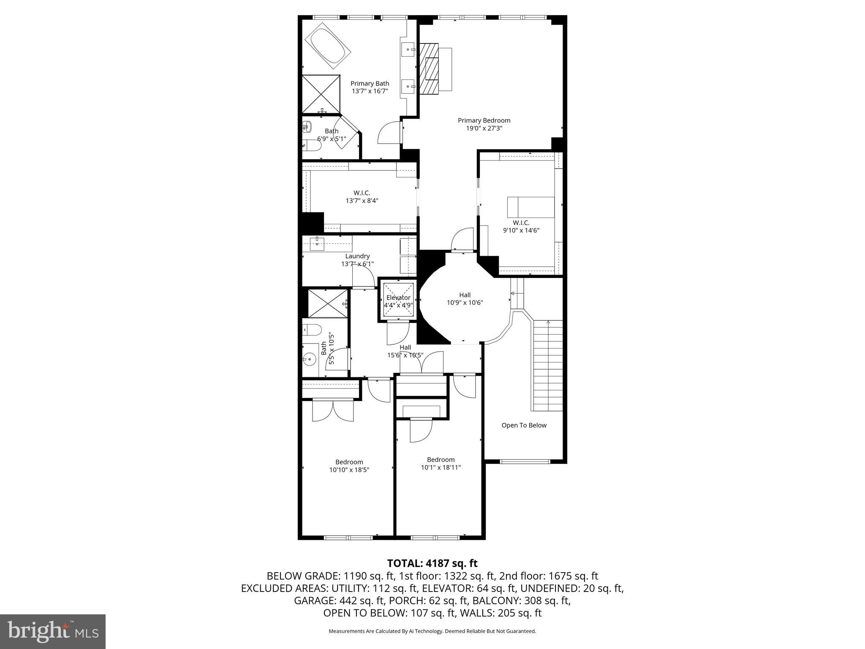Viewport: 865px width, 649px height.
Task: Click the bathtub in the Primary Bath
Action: point(327,46)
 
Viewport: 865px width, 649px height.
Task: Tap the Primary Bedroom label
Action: point(484,120)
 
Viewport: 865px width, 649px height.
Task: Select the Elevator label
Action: point(398,298)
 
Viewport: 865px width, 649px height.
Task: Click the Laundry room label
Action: point(357,256)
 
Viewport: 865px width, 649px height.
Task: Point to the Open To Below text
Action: point(524,425)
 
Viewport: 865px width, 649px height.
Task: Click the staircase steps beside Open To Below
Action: point(548,365)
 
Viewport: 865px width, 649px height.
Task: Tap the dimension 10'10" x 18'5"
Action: point(349,469)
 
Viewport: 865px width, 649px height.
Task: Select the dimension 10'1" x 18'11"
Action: point(441,467)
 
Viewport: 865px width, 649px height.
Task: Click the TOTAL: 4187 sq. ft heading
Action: point(432,563)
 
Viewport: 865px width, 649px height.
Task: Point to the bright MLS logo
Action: point(53,631)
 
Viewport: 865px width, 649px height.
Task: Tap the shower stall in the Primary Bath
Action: point(321,94)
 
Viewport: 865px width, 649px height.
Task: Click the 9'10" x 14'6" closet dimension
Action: point(521,230)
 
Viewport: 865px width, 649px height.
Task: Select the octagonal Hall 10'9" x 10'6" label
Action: point(465,299)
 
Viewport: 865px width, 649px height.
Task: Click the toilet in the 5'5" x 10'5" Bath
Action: point(312,329)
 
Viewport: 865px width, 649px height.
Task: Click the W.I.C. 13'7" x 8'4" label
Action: point(362,197)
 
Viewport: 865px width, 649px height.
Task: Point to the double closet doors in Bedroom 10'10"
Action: point(332,411)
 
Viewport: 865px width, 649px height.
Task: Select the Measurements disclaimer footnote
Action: point(432,631)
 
